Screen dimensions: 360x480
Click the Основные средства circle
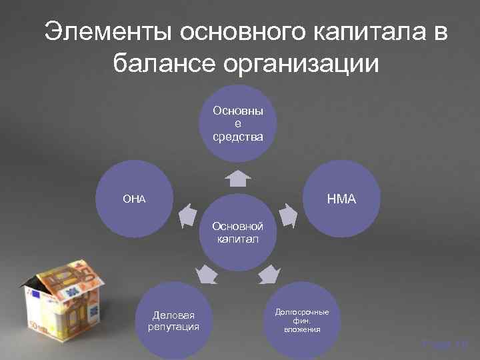pyautogui.click(x=238, y=123)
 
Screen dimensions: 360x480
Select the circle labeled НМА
pyautogui.click(x=343, y=199)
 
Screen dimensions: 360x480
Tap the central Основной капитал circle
pyautogui.click(x=238, y=233)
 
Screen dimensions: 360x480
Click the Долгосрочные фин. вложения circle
pyautogui.click(x=303, y=320)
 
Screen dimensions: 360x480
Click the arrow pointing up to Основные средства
pyautogui.click(x=237, y=178)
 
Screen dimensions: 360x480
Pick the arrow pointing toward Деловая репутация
pyautogui.click(x=207, y=273)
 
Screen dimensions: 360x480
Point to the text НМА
pyautogui.click(x=343, y=199)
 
